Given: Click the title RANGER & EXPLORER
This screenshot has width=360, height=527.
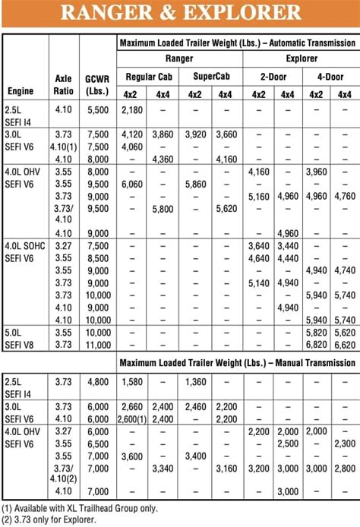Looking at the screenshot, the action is (180, 13).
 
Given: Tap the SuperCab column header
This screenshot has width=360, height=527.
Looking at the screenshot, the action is (209, 76).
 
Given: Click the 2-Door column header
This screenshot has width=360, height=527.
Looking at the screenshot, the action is (273, 76).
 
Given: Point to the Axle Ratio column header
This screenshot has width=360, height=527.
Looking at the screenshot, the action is (64, 84).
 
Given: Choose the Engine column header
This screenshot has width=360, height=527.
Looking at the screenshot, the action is (21, 91).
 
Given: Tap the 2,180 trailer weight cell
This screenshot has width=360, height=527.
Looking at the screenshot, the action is (131, 110).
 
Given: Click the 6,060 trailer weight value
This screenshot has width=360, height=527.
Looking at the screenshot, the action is (131, 184).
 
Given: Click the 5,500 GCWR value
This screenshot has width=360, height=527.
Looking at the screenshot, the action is (97, 110).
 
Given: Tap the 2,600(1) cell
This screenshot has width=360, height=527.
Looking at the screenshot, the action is (131, 419).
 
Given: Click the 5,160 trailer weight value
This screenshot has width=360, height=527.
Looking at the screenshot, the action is (259, 196).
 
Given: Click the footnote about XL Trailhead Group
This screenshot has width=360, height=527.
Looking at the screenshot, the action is (72, 507).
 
